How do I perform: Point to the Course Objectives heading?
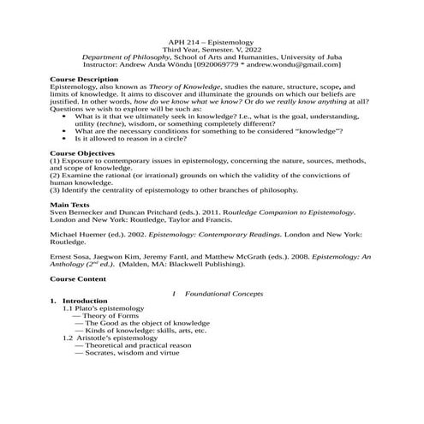pos(84,152)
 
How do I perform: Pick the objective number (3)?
pos(56,189)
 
